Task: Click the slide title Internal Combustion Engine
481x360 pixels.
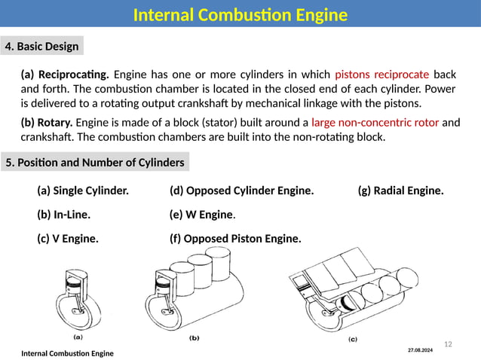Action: pyautogui.click(x=240, y=15)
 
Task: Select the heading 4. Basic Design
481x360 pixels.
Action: pyautogui.click(x=42, y=47)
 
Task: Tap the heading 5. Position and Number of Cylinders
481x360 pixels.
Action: pyautogui.click(x=94, y=162)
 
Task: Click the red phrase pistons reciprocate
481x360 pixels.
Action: pyautogui.click(x=381, y=75)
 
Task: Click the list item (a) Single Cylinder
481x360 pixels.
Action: pyautogui.click(x=83, y=191)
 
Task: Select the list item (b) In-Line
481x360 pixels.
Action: pyautogui.click(x=63, y=215)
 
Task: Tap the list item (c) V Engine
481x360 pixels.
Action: pyautogui.click(x=67, y=239)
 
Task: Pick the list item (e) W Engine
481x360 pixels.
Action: pyautogui.click(x=202, y=215)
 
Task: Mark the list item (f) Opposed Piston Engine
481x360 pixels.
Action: pyautogui.click(x=235, y=239)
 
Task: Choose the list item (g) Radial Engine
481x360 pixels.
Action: pyautogui.click(x=400, y=191)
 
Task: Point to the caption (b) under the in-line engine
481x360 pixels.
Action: pyautogui.click(x=194, y=338)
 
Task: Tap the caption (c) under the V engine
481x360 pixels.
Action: pyautogui.click(x=352, y=339)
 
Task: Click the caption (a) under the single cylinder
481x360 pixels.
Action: pyautogui.click(x=78, y=337)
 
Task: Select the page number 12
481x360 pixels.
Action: pyautogui.click(x=448, y=344)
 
